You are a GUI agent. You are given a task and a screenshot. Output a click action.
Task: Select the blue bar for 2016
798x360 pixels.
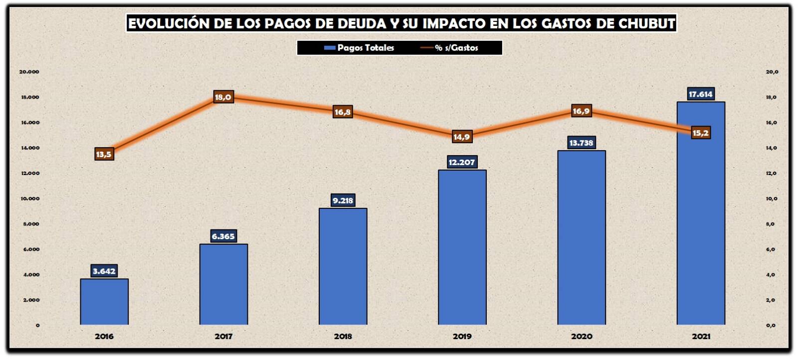click(104, 302)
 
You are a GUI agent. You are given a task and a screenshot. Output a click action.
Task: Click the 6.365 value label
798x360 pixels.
click(223, 236)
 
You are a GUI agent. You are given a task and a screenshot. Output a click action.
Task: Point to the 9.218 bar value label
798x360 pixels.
click(343, 200)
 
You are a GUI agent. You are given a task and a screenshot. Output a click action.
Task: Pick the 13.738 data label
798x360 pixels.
click(581, 143)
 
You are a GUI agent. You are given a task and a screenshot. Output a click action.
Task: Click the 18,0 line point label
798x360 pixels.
click(223, 97)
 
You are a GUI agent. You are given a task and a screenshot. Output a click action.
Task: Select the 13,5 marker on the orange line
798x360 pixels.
click(104, 155)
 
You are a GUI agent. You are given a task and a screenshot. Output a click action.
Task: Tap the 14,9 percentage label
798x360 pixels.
click(461, 137)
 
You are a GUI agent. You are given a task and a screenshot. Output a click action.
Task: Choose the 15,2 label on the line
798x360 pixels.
click(700, 133)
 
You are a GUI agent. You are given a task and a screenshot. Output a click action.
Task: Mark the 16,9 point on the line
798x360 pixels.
click(581, 111)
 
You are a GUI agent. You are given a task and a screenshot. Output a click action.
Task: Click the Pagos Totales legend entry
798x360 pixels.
click(359, 48)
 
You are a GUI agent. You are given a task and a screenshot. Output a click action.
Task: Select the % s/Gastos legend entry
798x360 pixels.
click(450, 48)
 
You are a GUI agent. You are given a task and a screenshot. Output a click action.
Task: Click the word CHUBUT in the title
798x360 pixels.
click(646, 23)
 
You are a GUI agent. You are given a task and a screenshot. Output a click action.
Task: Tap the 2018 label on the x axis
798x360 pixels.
click(343, 337)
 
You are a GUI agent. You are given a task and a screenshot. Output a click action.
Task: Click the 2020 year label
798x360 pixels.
click(582, 337)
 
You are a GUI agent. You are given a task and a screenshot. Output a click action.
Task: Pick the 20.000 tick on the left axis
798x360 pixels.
click(29, 72)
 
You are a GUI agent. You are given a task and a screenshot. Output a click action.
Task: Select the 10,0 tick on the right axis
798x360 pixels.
click(772, 198)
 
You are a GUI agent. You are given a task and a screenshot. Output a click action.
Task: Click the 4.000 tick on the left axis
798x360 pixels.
click(31, 275)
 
